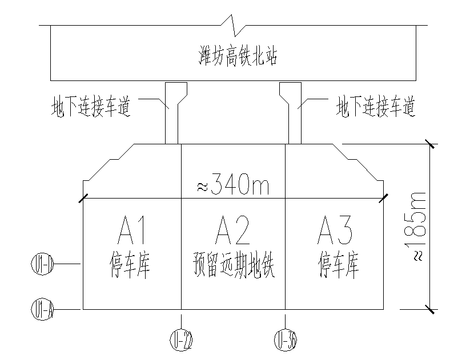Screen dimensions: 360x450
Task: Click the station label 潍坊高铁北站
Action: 233,57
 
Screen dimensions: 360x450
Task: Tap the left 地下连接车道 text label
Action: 90,107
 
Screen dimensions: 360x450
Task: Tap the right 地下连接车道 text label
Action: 375,107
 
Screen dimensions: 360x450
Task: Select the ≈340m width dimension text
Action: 233,185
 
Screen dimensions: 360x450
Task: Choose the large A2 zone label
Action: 233,231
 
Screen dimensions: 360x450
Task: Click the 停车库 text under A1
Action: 131,266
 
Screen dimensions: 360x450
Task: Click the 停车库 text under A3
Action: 338,266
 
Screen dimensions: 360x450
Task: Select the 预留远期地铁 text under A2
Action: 234,266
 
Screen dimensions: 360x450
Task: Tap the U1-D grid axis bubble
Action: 42,264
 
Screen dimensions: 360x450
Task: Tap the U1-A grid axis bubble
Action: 42,310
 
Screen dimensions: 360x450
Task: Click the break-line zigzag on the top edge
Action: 233,25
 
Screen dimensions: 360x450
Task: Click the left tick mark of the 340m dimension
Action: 83,198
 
